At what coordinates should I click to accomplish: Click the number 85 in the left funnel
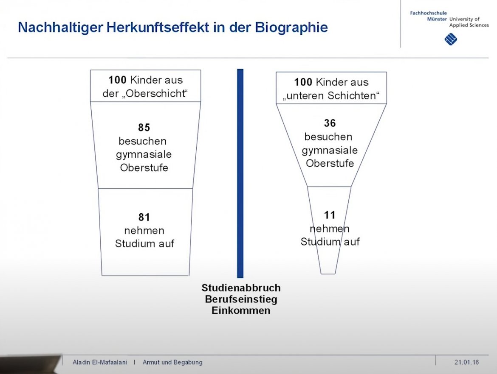144,128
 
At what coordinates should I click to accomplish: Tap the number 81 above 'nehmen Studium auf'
144,217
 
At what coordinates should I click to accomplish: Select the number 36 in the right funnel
330,123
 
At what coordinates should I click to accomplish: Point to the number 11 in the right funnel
330,215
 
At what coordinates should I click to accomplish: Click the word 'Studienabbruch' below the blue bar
241,287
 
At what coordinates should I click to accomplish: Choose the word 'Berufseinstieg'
241,299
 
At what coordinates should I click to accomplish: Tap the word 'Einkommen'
241,310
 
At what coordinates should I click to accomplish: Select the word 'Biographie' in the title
291,28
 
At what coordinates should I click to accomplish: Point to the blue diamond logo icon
451,39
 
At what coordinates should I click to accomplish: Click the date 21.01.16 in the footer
466,362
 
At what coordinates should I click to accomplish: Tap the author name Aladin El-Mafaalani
100,362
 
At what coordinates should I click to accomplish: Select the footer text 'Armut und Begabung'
172,362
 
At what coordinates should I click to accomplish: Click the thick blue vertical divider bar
240,173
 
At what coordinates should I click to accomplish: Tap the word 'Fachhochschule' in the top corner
429,13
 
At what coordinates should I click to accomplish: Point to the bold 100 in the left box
117,80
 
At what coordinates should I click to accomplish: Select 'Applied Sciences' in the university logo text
469,25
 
